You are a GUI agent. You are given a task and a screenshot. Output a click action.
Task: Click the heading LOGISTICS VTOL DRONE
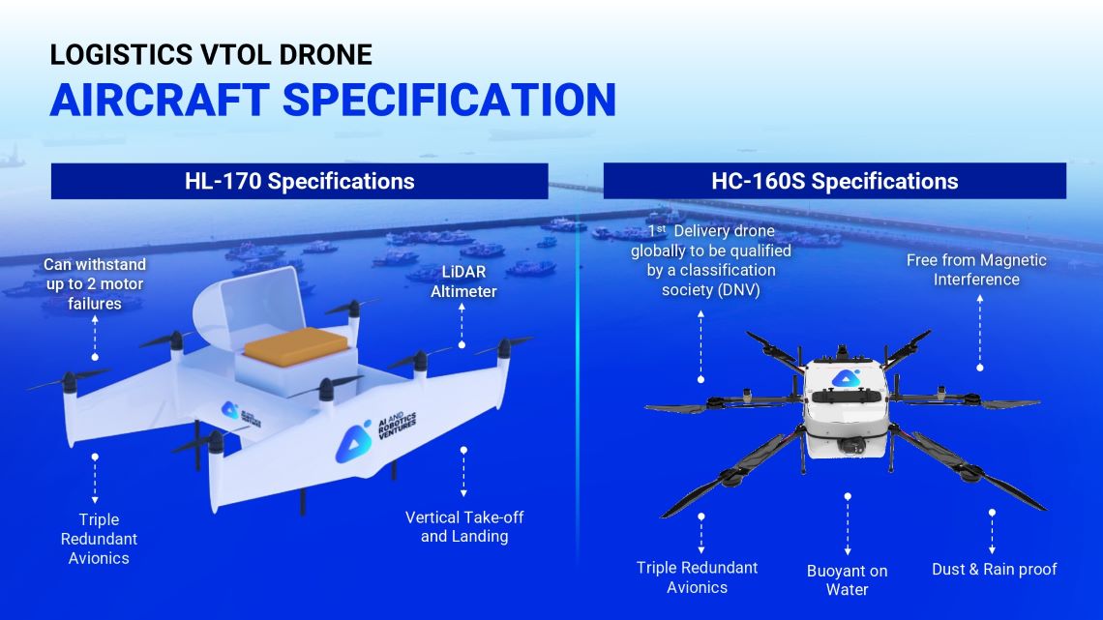pos(211,55)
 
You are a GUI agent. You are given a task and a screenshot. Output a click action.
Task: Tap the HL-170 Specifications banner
pos(300,182)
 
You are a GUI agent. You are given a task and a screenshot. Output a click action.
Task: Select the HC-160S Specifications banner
pos(835,182)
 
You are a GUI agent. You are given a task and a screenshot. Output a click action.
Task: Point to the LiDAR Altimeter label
pos(463,281)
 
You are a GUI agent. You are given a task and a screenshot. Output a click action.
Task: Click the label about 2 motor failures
pos(95,284)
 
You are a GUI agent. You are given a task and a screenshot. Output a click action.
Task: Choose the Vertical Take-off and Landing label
pos(464,526)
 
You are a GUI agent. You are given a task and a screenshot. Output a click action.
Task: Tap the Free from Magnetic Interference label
pos(976,269)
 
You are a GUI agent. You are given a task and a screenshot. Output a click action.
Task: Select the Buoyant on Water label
pos(847,580)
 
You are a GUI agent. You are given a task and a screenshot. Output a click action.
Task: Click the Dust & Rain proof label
pos(994,570)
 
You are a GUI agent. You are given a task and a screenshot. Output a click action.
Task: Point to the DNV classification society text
pos(710,260)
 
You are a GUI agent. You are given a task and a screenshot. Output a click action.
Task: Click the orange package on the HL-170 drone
pos(295,346)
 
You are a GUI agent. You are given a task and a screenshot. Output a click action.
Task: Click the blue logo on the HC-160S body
pos(847,378)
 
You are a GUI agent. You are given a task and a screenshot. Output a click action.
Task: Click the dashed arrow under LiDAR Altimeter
pos(462,325)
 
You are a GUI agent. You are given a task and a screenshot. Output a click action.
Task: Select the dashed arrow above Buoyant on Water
pos(848,524)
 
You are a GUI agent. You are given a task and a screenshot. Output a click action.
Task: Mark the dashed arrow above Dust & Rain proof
pos(992,531)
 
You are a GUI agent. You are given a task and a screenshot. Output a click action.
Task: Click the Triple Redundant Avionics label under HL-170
pos(99,539)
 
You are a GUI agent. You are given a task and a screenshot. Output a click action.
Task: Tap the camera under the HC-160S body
pos(851,444)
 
